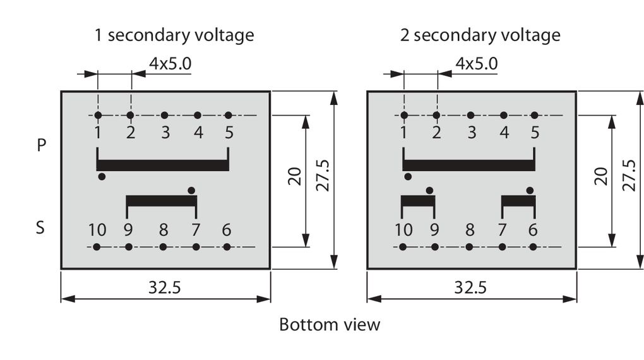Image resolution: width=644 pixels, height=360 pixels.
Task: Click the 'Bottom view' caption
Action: click(x=330, y=325)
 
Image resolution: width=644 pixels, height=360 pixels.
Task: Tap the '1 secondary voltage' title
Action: click(x=174, y=35)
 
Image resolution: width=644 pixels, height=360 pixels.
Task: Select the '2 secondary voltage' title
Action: click(x=480, y=35)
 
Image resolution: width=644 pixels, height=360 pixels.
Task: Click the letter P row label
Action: click(x=42, y=145)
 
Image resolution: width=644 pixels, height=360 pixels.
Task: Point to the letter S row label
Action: click(x=40, y=227)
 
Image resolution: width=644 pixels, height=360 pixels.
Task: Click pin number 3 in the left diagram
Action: click(x=165, y=133)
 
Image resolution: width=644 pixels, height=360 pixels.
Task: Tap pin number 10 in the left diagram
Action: click(x=97, y=230)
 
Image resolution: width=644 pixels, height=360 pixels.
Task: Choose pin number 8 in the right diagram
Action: click(x=469, y=230)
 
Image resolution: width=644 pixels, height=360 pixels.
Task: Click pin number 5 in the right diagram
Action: click(x=535, y=133)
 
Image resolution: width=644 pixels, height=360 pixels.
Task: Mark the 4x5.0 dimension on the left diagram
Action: click(x=170, y=63)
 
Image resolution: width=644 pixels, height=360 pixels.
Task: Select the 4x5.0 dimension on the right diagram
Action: click(x=476, y=63)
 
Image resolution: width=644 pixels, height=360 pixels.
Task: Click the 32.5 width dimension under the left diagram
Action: click(x=165, y=288)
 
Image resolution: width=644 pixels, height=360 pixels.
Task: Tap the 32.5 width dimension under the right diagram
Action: click(x=470, y=288)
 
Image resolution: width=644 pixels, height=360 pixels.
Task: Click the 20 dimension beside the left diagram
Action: click(x=295, y=176)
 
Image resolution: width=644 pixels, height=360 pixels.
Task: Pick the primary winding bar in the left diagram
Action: click(x=163, y=165)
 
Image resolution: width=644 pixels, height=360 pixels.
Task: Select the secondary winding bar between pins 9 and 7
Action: click(x=162, y=201)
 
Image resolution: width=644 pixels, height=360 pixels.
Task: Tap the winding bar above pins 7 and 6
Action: click(x=518, y=201)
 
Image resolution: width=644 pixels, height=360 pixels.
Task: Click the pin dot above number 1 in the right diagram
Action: click(x=404, y=115)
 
